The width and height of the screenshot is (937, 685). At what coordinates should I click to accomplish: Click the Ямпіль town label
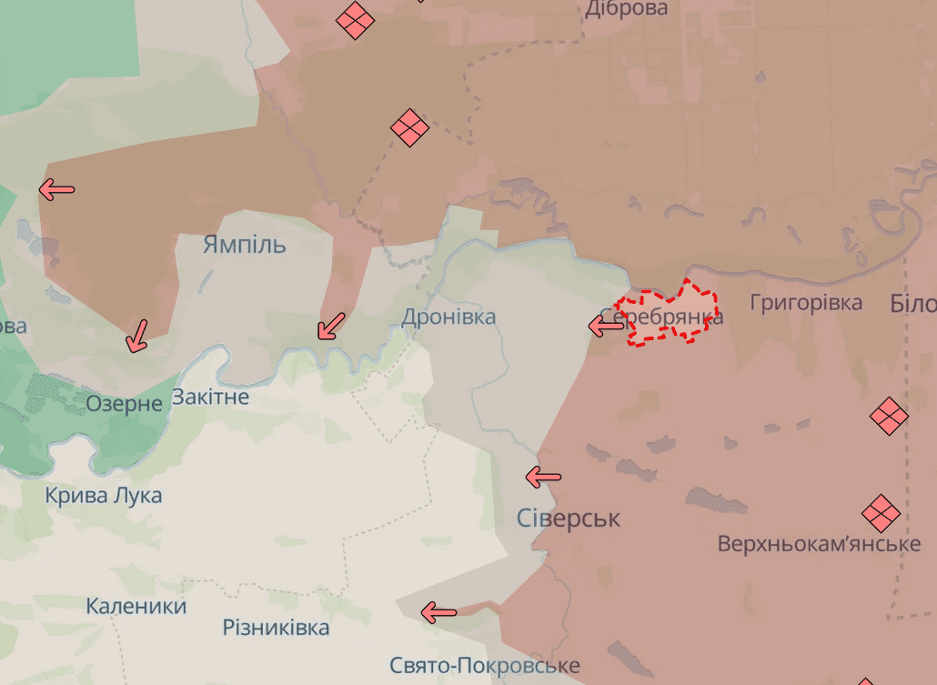click(244, 245)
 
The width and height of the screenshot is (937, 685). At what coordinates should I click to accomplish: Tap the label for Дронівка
click(448, 317)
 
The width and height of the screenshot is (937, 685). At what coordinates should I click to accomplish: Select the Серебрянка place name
click(674, 316)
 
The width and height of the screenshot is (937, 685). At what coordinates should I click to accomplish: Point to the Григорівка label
click(806, 302)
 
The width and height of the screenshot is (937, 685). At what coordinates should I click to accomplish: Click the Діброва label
click(626, 9)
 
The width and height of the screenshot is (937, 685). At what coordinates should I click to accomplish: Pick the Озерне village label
click(124, 403)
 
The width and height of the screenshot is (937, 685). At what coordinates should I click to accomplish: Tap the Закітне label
click(210, 398)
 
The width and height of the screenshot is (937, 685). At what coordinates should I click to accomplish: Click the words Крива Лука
click(104, 496)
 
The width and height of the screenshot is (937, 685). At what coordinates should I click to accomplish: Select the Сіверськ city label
click(568, 519)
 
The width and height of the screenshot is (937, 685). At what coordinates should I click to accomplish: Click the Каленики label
click(136, 606)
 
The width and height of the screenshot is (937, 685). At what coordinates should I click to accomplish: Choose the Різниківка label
click(276, 628)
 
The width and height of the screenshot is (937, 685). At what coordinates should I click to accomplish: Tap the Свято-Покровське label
click(484, 666)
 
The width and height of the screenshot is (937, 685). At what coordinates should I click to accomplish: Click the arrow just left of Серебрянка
click(606, 325)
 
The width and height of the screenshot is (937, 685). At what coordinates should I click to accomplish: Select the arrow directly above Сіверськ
click(544, 476)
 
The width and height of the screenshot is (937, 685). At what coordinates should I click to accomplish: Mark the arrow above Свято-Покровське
click(439, 613)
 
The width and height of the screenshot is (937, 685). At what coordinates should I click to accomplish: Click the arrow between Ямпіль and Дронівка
click(331, 326)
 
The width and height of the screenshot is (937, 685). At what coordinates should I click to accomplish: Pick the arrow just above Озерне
click(137, 335)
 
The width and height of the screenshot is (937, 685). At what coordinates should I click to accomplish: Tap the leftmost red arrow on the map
click(56, 190)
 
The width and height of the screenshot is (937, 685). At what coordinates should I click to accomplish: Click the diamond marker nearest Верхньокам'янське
click(880, 513)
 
